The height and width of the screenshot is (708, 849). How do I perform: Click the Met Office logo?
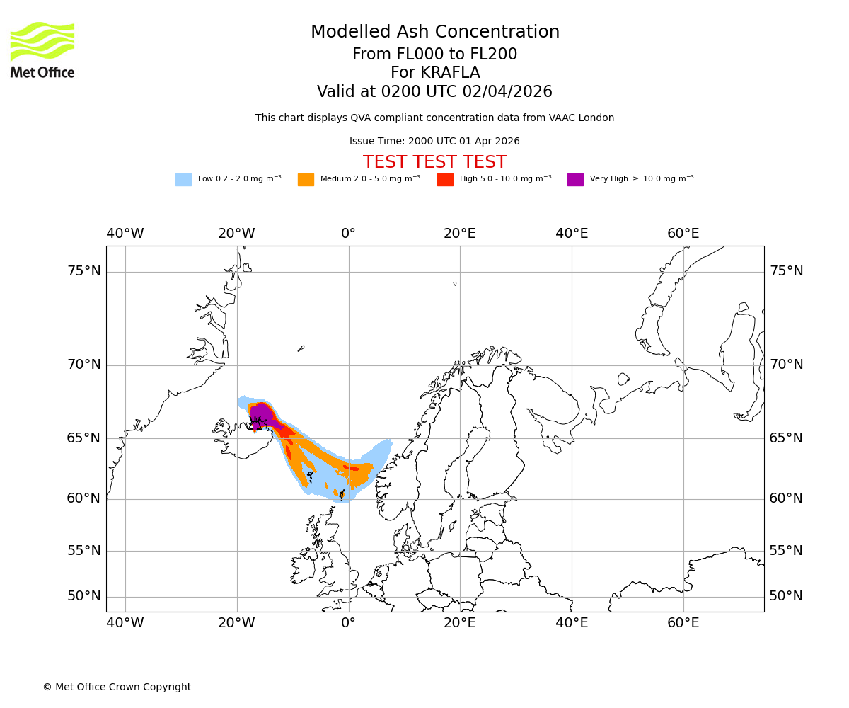42,50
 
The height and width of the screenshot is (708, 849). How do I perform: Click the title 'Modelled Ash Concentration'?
435,32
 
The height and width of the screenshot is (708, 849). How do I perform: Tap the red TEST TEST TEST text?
434,162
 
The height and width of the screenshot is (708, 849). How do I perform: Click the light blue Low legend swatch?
183,180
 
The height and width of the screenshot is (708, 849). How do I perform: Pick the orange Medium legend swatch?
306,180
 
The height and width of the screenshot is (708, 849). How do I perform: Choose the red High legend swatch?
445,180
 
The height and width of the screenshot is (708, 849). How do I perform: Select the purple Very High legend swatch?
575,180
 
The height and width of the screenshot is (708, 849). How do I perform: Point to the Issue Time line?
434,141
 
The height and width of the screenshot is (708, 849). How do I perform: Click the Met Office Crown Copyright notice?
117,687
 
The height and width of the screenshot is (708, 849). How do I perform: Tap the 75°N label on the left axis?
84,271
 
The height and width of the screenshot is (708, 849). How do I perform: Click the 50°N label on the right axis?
786,596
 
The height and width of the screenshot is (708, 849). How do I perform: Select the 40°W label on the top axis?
125,234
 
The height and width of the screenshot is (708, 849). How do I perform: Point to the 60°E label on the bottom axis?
683,623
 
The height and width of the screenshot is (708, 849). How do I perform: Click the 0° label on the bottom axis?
348,623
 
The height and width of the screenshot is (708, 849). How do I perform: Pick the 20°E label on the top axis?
460,234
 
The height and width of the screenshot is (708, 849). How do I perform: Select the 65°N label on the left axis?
84,438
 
